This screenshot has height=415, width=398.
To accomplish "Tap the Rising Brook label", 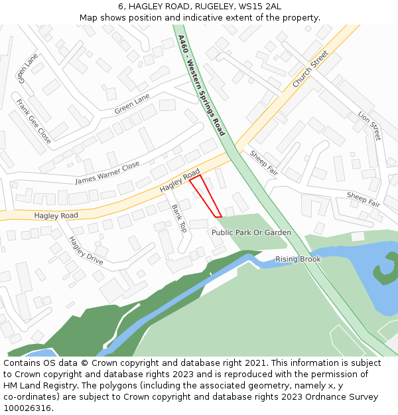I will [298, 259].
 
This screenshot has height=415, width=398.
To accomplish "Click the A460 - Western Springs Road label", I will [202, 86].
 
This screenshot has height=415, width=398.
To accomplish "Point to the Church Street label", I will [310, 69].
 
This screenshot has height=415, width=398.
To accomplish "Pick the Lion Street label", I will [369, 126].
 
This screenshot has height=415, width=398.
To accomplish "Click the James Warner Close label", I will [107, 172].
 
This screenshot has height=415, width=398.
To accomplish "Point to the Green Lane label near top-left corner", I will [29, 68].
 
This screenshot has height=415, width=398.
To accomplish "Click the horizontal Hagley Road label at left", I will [56, 216].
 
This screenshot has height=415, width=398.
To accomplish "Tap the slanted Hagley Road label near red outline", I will [179, 181].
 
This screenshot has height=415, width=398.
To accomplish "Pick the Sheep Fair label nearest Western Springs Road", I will [263, 162].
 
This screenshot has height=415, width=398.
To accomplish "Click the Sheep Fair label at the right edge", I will [364, 199].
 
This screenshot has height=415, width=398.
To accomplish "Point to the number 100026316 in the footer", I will [27, 408].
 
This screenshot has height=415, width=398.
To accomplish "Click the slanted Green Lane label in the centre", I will [132, 104].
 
